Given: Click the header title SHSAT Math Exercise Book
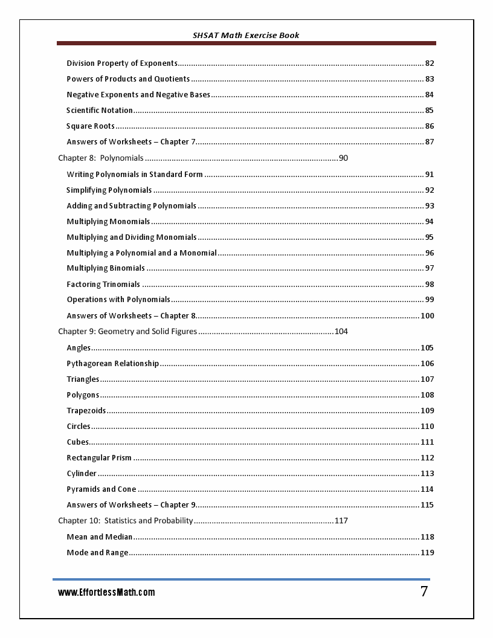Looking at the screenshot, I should point(246,35).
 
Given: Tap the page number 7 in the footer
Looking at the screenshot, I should point(424,592).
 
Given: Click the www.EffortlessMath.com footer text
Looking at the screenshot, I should point(106,593).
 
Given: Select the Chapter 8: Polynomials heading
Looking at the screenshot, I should point(101,158).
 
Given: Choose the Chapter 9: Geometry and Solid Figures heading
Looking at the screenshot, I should point(127,332).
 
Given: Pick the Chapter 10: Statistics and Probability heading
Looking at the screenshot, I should point(126,521).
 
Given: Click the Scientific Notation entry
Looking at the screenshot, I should point(100,111).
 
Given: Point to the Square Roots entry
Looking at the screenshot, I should point(91,126).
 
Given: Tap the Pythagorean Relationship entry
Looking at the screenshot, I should point(113,364).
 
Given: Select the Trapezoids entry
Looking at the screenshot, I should point(86,411).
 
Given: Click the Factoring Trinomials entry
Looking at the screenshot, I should point(103,285).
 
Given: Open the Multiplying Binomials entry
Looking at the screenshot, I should point(106,268).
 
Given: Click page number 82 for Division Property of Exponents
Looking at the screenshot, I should point(430,63).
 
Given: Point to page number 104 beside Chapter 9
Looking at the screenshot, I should point(341,332).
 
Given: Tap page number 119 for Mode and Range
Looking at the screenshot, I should point(427,553).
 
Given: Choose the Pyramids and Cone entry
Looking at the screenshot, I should point(101,489).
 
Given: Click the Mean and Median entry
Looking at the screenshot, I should point(99,537).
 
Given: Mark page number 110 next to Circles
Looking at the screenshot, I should point(427,427).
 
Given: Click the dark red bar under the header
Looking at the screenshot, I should point(246,43).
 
